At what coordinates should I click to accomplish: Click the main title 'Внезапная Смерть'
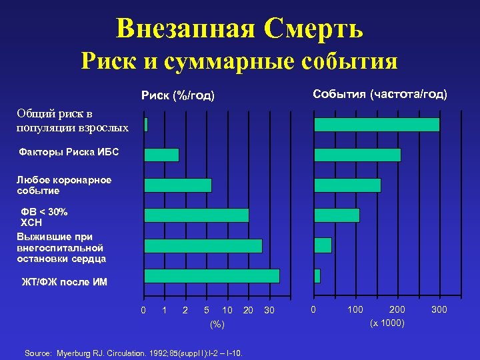(239, 28)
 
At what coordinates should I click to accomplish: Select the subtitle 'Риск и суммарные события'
(239, 61)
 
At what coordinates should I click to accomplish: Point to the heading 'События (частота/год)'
(380, 94)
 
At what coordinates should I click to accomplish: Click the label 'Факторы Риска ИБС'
(69, 152)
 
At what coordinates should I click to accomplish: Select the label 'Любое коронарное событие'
(64, 185)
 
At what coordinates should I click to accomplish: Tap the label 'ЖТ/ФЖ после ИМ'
(64, 282)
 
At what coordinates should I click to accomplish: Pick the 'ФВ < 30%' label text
(45, 212)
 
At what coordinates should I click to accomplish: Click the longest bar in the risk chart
(212, 276)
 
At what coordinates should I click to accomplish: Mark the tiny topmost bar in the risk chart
(146, 125)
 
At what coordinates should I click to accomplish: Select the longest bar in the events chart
(377, 125)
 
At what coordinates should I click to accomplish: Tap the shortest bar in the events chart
(317, 276)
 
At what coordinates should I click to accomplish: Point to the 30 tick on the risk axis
(269, 310)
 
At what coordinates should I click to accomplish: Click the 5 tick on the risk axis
(207, 310)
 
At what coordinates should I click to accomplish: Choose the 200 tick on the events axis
(397, 310)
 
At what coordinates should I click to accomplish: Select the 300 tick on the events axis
(439, 310)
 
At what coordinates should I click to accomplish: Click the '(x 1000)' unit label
(387, 323)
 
